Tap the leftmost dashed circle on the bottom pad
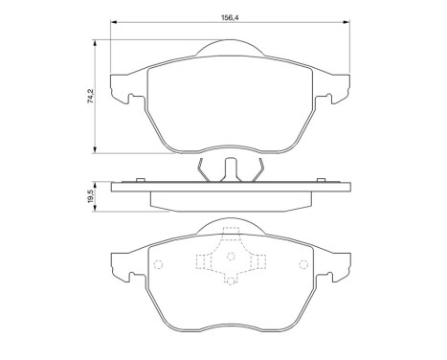point(159,266)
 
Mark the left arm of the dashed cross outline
point(204,260)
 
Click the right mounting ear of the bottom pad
point(336,267)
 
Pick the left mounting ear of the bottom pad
point(121,267)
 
